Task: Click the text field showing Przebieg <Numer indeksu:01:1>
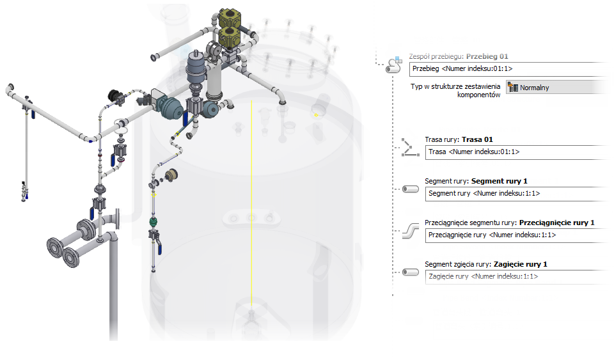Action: click(505, 69)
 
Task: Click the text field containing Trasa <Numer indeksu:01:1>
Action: click(512, 152)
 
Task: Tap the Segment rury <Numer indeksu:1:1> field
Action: click(512, 194)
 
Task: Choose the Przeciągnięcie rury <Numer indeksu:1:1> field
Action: click(512, 235)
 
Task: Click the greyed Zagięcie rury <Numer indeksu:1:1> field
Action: click(512, 276)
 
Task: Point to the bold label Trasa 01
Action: click(477, 139)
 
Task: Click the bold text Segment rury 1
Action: click(500, 181)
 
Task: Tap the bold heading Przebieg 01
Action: click(487, 56)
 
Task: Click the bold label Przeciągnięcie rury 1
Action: click(556, 223)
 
